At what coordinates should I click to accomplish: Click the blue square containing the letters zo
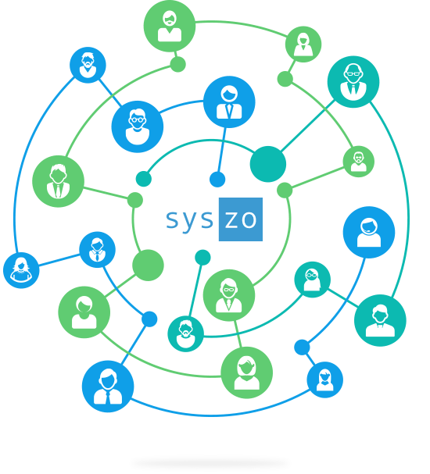[241, 219]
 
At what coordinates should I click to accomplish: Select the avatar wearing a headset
[369, 232]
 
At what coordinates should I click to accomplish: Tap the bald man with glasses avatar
[353, 82]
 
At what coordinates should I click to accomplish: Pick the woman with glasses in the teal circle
[312, 280]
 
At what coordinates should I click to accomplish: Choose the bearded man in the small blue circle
[88, 65]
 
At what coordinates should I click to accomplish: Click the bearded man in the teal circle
[185, 333]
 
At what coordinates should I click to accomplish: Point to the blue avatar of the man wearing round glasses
[138, 127]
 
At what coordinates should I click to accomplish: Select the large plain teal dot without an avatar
[268, 164]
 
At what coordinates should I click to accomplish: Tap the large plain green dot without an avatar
[148, 266]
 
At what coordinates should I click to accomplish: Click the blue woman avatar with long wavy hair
[21, 270]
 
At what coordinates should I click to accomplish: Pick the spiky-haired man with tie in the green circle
[58, 181]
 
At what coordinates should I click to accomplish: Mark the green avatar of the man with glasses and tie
[229, 295]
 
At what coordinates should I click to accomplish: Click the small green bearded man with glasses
[359, 162]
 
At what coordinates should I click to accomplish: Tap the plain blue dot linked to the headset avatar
[302, 347]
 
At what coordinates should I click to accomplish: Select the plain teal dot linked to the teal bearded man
[202, 258]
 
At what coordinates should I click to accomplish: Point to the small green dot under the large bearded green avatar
[177, 64]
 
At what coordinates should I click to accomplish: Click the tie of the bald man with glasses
[353, 89]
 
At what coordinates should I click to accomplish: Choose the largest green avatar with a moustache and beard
[170, 26]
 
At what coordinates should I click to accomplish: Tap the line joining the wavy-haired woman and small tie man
[59, 260]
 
